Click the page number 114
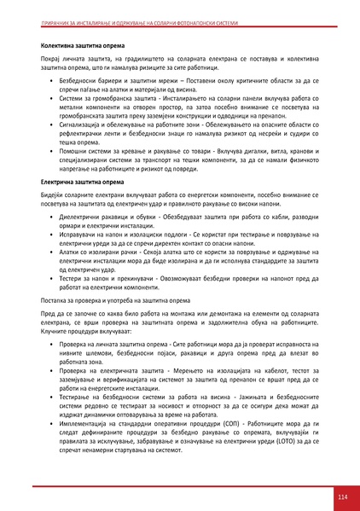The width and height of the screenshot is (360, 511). (341, 496)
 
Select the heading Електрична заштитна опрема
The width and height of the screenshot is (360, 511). (83, 183)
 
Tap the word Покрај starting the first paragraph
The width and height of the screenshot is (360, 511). (53, 55)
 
